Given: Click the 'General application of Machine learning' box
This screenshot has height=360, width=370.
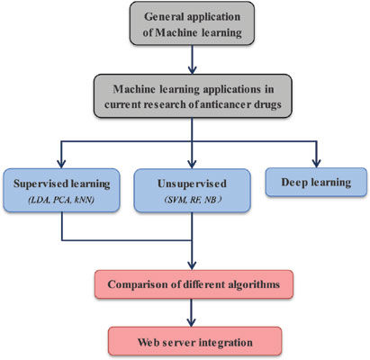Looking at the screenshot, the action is (x=192, y=23).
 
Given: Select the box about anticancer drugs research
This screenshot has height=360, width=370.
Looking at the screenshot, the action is (x=193, y=96).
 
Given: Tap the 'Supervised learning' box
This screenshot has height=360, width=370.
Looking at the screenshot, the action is (x=61, y=191).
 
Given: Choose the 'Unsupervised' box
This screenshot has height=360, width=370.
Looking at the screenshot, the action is (x=192, y=191).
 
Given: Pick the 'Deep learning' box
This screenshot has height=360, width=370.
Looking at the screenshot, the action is (x=316, y=182).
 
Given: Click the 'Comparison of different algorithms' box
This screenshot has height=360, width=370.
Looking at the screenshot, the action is (x=194, y=284).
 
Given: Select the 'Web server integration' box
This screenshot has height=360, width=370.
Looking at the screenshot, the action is (x=195, y=341).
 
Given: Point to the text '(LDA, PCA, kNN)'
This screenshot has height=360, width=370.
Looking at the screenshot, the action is (x=61, y=200).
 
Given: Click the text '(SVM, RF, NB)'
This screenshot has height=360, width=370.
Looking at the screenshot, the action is (x=193, y=200).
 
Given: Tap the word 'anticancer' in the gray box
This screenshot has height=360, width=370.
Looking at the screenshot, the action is (x=222, y=104).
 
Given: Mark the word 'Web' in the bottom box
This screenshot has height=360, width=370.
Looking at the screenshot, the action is (x=148, y=342).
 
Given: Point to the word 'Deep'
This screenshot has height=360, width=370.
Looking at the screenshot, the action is (x=293, y=183).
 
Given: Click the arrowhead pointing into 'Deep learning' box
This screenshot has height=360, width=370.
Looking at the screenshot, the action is (x=316, y=163).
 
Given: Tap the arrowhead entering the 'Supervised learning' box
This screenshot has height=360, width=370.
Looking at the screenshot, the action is (x=61, y=164).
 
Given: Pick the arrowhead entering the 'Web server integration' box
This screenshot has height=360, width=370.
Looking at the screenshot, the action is (x=192, y=322).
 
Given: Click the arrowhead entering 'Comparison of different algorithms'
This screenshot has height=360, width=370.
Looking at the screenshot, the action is (x=192, y=265).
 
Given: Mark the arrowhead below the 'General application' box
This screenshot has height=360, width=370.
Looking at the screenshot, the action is (x=192, y=69).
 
